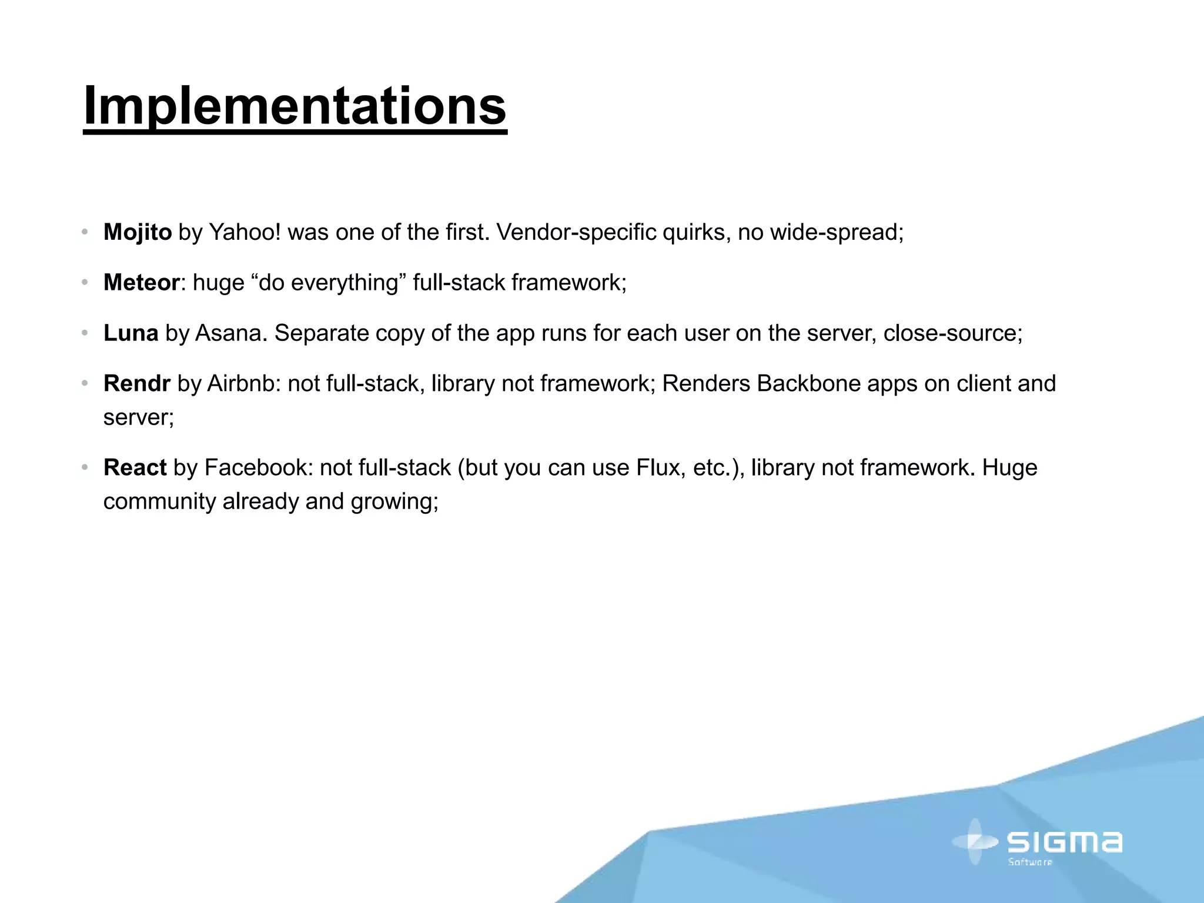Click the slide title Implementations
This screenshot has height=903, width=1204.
point(295,106)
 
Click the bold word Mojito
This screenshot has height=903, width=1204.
point(138,232)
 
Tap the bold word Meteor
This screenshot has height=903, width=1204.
point(141,283)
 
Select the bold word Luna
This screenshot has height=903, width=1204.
point(131,333)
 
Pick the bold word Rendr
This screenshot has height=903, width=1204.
point(136,384)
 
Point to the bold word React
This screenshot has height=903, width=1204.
point(135,468)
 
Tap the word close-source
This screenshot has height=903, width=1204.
point(952,333)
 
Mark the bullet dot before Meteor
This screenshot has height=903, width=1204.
point(85,283)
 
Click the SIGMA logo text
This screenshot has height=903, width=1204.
point(1064,842)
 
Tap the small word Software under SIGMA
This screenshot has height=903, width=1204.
point(1030,862)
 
